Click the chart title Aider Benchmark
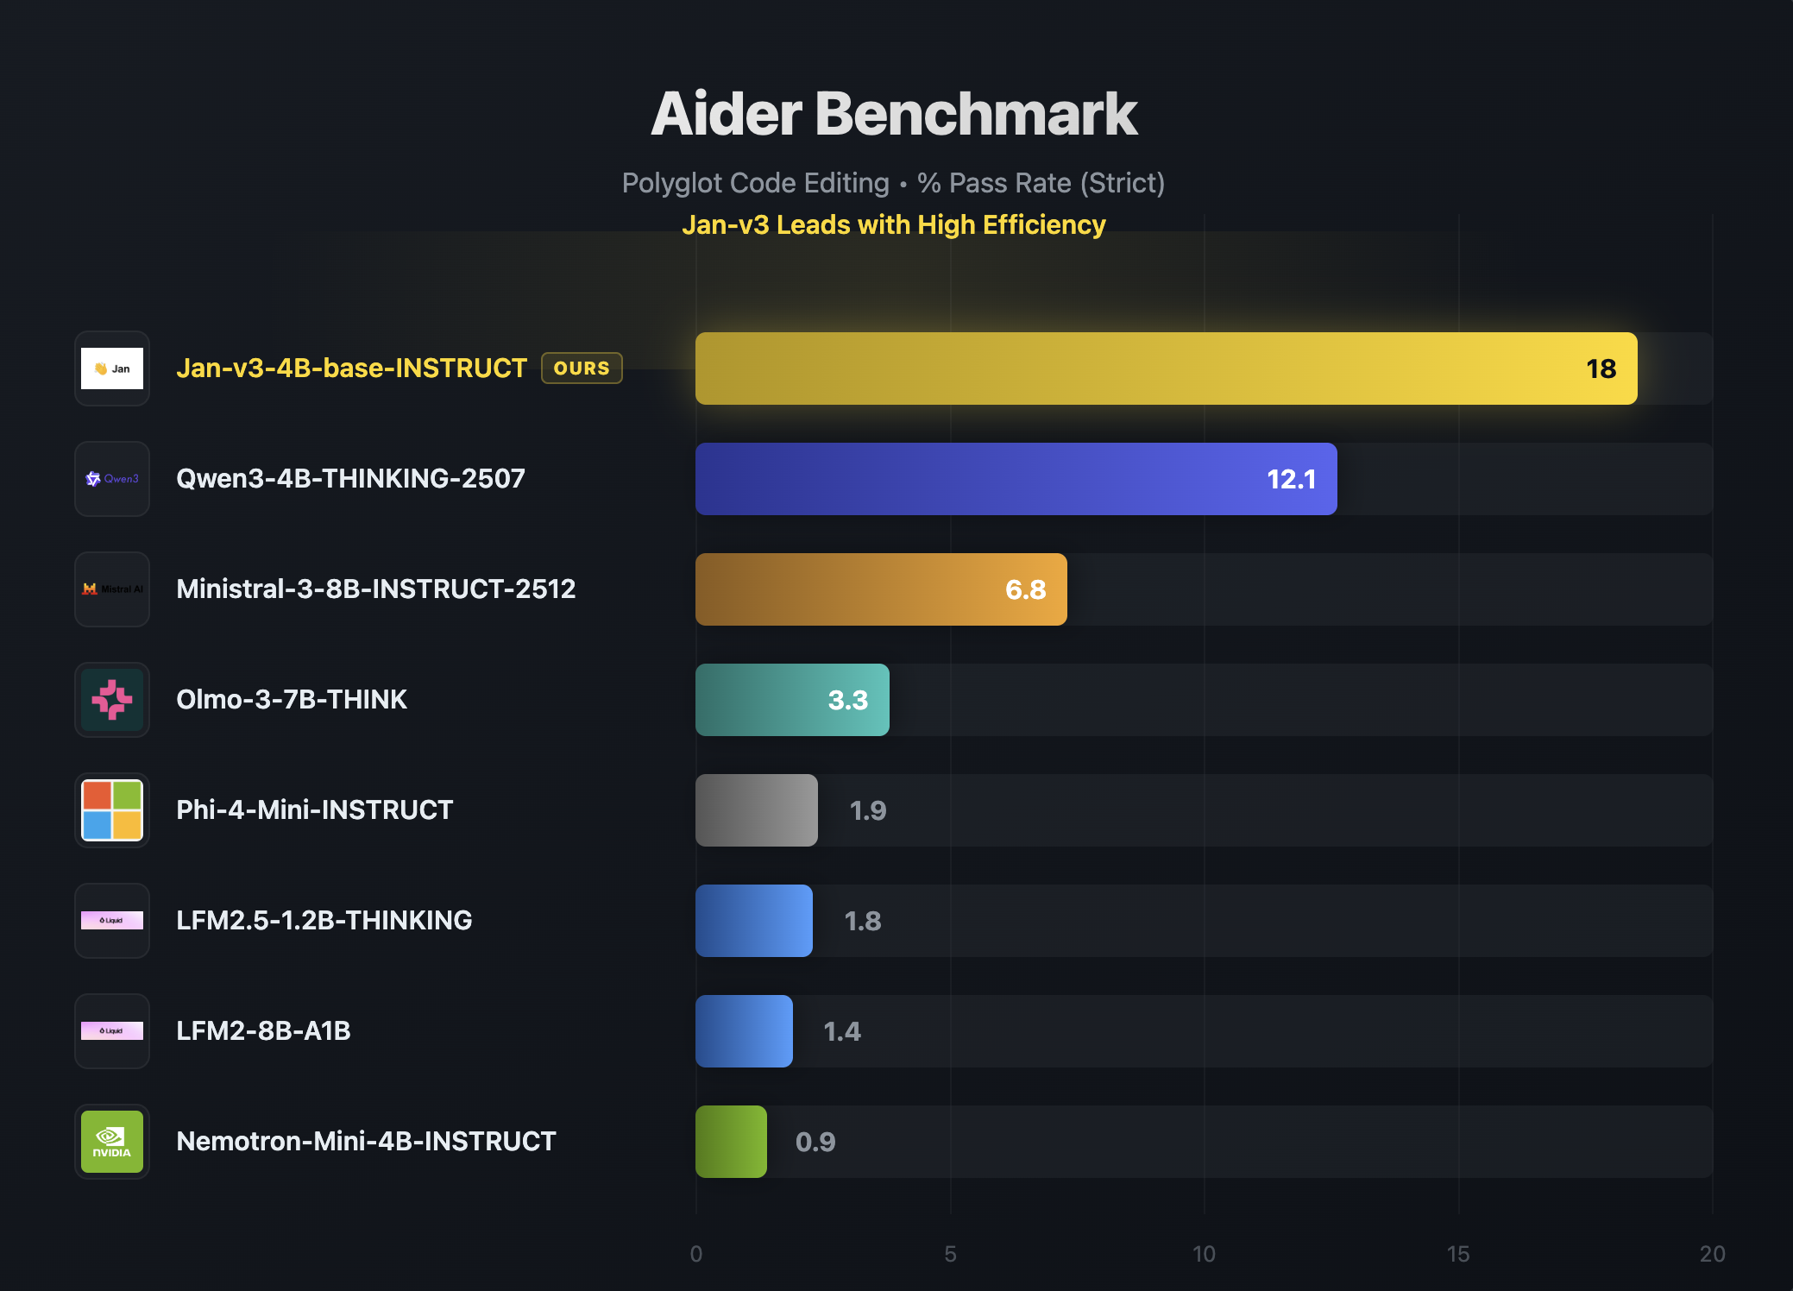coord(894,114)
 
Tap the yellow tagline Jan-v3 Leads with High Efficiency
coord(894,225)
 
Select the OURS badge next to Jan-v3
coord(582,368)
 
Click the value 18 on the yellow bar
coord(1601,369)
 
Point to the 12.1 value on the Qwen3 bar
coord(1291,480)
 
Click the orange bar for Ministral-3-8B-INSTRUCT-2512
coord(880,589)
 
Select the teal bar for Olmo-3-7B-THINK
coord(791,700)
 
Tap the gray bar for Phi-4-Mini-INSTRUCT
coord(756,810)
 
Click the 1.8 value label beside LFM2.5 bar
coord(862,922)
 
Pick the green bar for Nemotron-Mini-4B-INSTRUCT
coord(731,1142)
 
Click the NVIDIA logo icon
coord(112,1142)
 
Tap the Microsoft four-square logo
coord(112,810)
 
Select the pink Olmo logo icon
coord(112,700)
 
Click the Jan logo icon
coord(112,368)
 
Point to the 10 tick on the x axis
coord(1204,1254)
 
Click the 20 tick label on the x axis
coord(1712,1254)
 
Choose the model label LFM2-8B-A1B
coord(263,1031)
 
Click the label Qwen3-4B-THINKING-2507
coord(350,479)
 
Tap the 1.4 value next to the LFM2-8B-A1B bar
coord(841,1032)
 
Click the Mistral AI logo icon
coord(112,589)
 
